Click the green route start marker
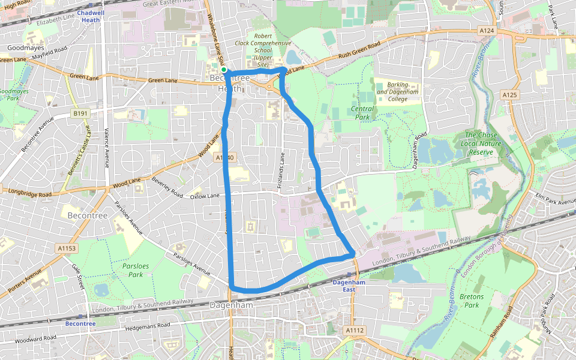(224, 70)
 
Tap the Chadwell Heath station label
(91, 16)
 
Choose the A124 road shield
(487, 30)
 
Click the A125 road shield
(509, 95)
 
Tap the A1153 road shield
(67, 248)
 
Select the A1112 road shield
(355, 330)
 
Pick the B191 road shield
(80, 113)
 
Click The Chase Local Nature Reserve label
(481, 143)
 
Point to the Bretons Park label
(471, 301)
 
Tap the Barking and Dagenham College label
(397, 92)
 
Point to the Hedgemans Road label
(148, 326)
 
